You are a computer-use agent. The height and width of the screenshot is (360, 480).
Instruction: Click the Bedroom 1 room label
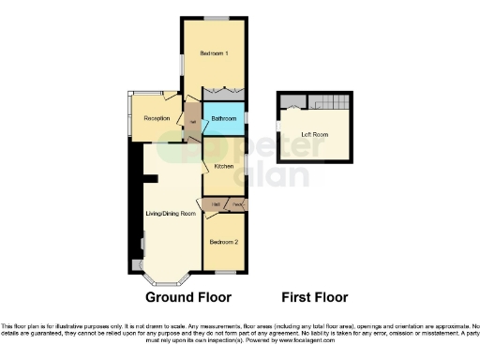[x=215, y=53]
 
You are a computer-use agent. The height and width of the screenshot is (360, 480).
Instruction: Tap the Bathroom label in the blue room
[x=223, y=119]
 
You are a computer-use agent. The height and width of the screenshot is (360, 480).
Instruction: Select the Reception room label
[x=156, y=118]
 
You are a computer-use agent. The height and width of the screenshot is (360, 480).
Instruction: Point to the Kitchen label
[x=223, y=166]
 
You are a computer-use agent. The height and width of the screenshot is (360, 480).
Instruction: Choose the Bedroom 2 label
[x=223, y=242]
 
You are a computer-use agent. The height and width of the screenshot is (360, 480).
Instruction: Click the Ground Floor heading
[x=187, y=297]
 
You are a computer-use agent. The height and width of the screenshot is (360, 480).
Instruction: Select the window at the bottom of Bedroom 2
[x=225, y=272]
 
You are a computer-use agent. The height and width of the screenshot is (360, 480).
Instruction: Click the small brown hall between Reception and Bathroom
[x=192, y=122]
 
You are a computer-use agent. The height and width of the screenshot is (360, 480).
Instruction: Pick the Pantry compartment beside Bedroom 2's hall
[x=238, y=203]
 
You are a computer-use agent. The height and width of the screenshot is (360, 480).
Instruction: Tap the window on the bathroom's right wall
[x=246, y=119]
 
